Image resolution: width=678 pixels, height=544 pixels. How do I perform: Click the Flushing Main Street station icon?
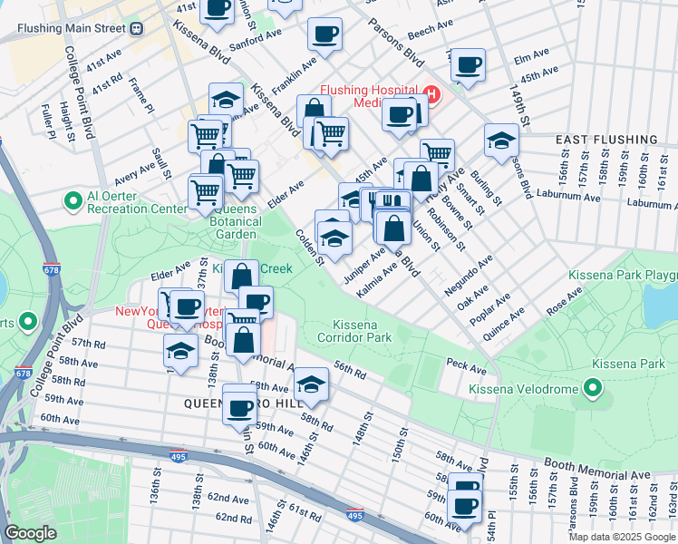click(x=136, y=28)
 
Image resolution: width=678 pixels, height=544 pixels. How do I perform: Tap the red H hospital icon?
click(x=430, y=94)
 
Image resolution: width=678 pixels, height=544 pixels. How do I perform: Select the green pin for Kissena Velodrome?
click(x=593, y=390)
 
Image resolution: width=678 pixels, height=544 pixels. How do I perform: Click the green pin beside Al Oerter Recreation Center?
click(x=72, y=199)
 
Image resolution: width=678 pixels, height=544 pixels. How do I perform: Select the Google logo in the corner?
click(x=31, y=533)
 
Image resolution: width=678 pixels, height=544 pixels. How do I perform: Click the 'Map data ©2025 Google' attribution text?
click(x=622, y=537)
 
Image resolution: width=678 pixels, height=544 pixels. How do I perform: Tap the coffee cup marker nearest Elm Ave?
click(x=468, y=65)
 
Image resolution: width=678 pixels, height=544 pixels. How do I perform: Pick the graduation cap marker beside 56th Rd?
click(x=311, y=384)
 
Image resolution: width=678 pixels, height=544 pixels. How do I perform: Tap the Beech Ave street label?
click(x=423, y=33)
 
